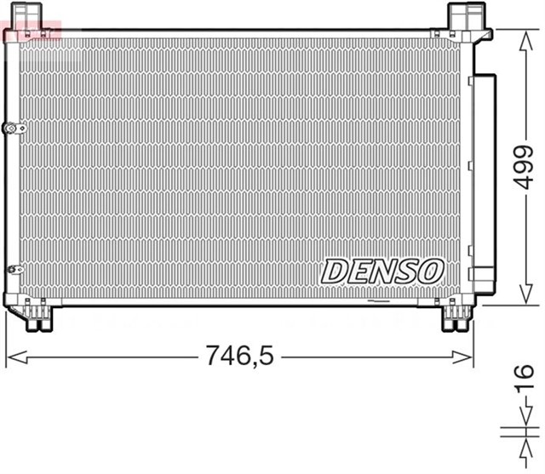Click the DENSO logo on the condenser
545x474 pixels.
tap(382, 271)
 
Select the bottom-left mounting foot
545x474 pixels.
tap(37, 317)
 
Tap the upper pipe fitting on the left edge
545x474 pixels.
tap(14, 128)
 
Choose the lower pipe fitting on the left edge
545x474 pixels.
tap(14, 269)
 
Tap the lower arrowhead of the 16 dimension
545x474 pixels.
tap(521, 444)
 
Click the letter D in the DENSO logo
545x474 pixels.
tap(335, 271)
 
